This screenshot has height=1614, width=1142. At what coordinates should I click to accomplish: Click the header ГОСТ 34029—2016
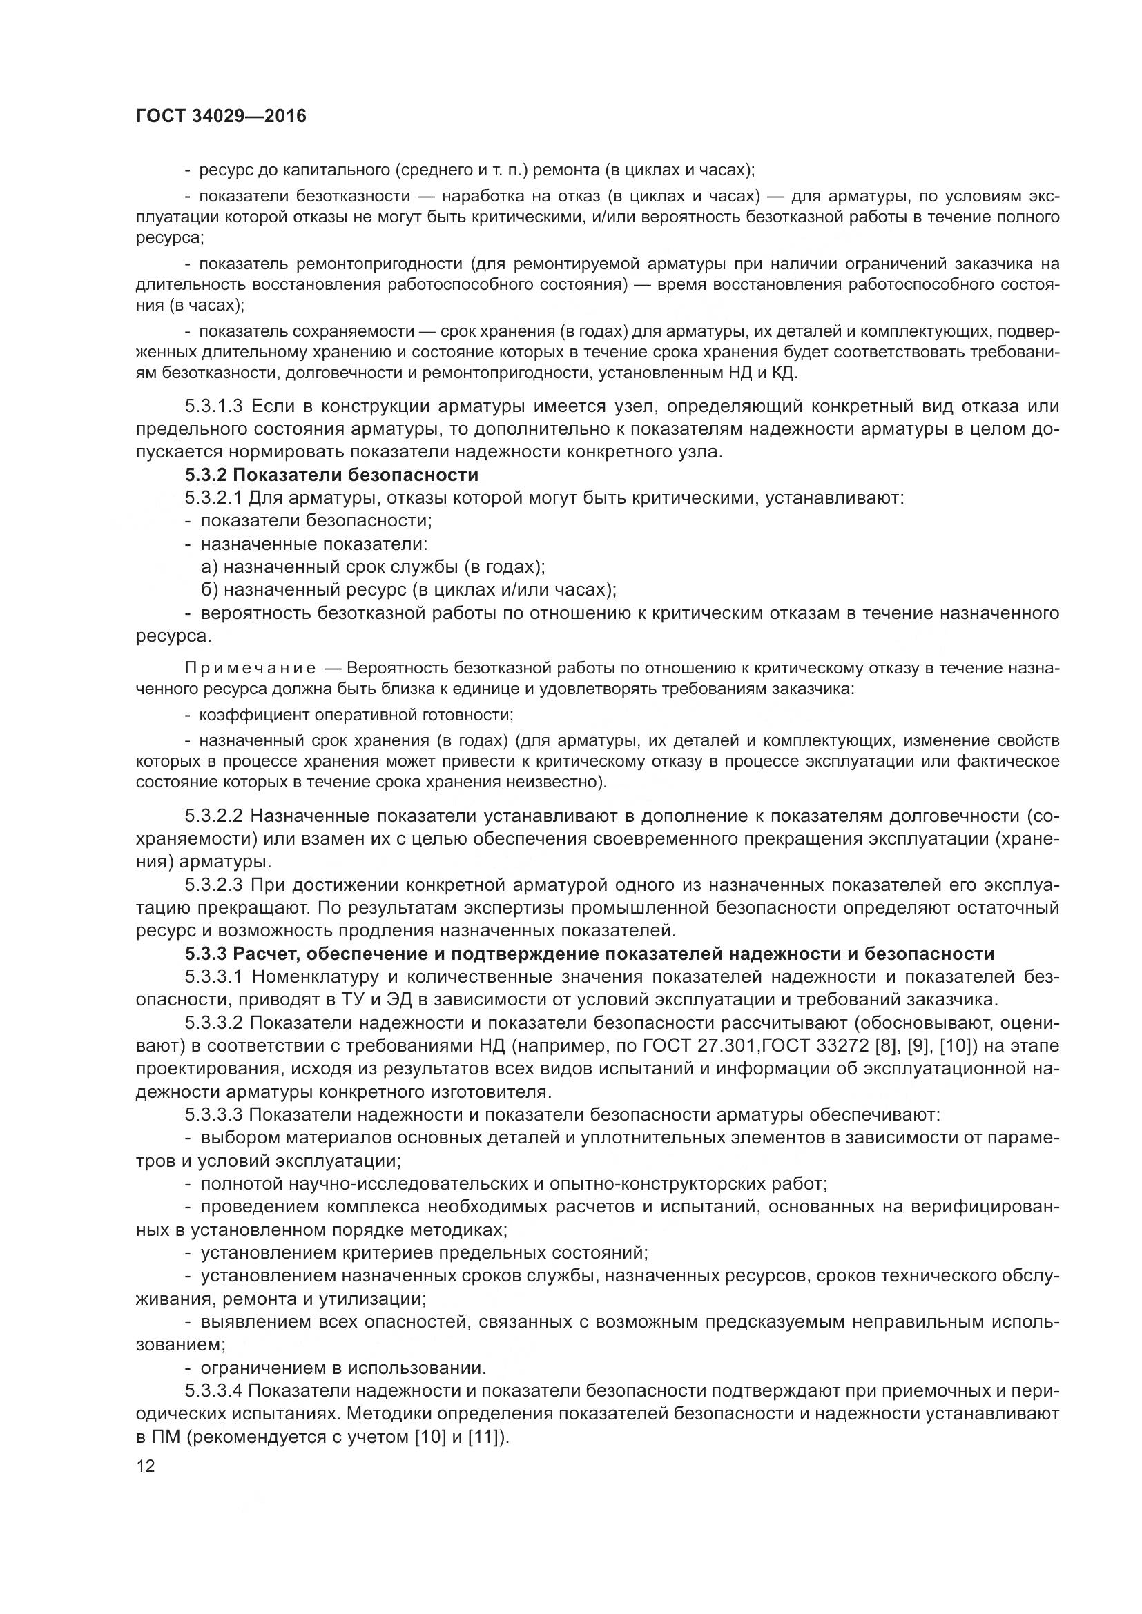221,116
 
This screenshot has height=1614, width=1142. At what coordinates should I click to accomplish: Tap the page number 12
146,1466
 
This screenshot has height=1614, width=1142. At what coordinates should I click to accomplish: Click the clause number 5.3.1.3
214,406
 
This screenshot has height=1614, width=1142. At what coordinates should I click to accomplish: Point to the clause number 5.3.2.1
214,498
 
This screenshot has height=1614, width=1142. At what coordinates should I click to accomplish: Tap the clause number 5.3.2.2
214,816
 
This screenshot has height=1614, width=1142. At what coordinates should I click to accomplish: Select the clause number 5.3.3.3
214,1114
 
